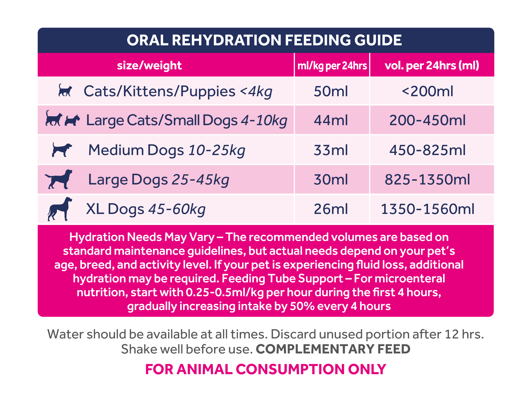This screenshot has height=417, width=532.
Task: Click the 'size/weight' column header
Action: point(149,65)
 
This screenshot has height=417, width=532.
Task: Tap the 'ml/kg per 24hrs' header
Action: point(332,65)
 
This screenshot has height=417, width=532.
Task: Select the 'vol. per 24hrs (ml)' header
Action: point(432,65)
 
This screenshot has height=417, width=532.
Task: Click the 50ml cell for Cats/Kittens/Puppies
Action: point(331,91)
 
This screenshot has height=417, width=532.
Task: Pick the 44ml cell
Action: point(331,120)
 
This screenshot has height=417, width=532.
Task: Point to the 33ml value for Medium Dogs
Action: point(331,150)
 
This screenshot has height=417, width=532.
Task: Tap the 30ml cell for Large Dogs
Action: point(331,179)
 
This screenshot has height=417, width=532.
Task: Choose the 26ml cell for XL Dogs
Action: point(331,209)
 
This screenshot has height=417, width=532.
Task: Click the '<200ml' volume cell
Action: point(427,91)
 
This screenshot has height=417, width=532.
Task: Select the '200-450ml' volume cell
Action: point(427,120)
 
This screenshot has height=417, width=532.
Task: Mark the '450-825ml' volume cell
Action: point(427,150)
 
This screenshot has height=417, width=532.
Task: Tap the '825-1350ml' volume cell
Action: point(427,179)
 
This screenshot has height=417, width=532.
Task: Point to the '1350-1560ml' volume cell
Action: point(427,209)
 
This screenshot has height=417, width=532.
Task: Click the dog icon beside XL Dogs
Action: point(60,209)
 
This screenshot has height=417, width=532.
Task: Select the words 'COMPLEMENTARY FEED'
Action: point(333,349)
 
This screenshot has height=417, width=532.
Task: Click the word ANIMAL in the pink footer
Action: point(204,369)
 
